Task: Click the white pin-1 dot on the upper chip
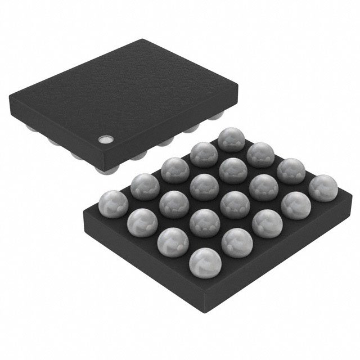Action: (105, 138)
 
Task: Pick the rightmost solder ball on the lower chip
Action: (319, 187)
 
